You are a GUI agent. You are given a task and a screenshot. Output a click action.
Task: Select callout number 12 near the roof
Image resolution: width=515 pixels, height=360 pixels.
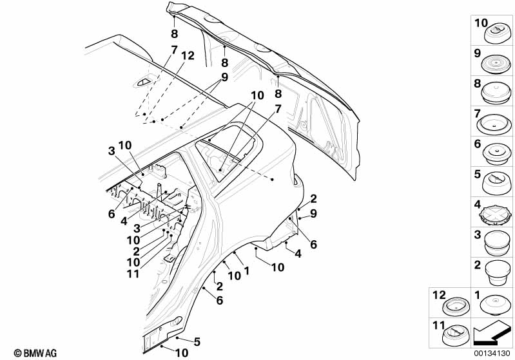[187, 56]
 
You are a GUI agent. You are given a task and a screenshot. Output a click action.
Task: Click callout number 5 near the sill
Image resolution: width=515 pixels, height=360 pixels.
[197, 341]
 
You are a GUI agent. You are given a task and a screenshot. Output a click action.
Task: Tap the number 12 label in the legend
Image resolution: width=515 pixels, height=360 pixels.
[438, 294]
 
